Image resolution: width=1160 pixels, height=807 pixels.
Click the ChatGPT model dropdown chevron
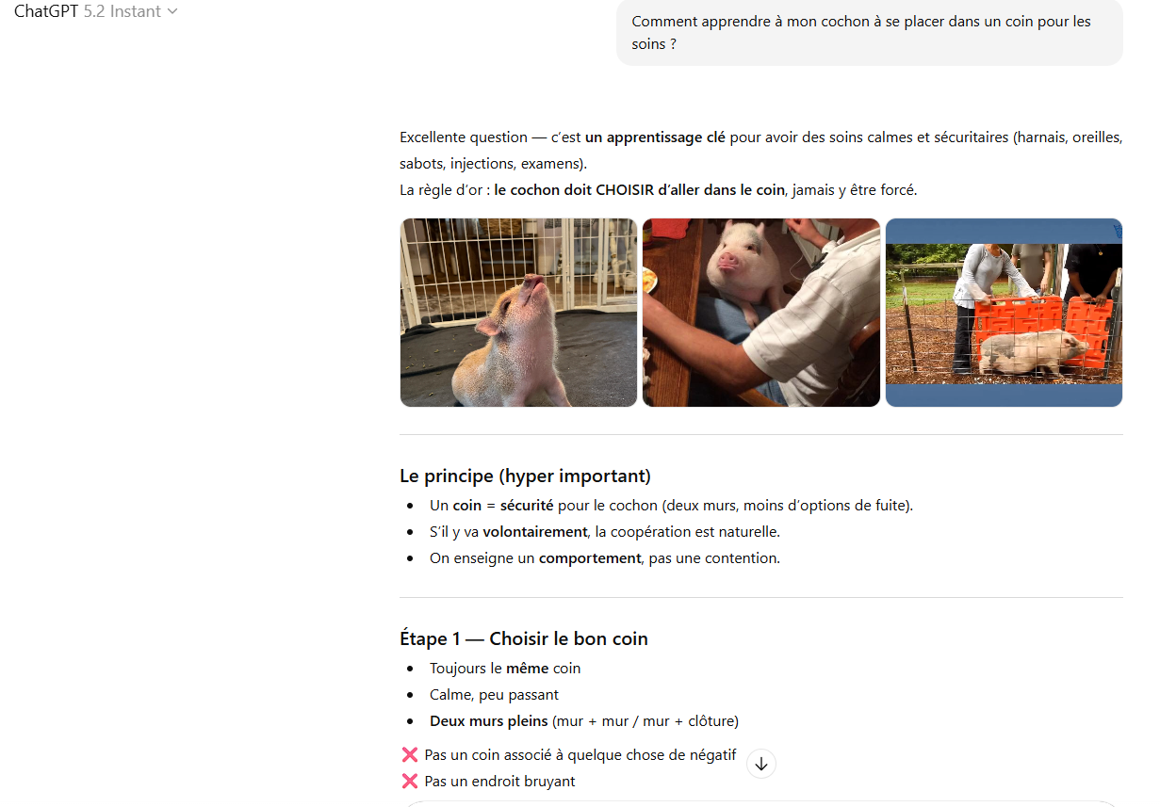[x=172, y=11]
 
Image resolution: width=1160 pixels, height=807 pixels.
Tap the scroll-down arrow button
[x=760, y=764]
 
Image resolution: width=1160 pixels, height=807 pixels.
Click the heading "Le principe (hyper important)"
[x=525, y=476]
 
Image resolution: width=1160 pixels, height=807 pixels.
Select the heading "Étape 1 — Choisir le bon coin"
[x=524, y=638]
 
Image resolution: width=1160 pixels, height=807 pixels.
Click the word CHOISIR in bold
[x=625, y=190]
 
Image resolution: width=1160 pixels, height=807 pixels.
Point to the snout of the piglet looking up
[x=532, y=282]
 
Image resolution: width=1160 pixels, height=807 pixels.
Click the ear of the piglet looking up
[x=488, y=326]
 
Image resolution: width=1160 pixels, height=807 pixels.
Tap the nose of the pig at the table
[x=728, y=259]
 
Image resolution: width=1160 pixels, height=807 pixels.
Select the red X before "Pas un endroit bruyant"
[x=410, y=782]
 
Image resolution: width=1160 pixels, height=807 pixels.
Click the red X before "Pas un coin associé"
[x=410, y=754]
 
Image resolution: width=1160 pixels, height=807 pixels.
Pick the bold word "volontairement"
[x=535, y=532]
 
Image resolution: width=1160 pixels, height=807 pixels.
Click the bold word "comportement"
[x=590, y=558]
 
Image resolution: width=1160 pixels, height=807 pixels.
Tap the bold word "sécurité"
[x=527, y=506]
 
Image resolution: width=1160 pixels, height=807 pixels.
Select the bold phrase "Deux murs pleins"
[x=488, y=721]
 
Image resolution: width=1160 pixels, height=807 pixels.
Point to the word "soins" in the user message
[x=648, y=44]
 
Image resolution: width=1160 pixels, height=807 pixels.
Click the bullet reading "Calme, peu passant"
[x=494, y=695]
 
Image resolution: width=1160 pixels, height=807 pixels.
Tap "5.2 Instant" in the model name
[x=123, y=11]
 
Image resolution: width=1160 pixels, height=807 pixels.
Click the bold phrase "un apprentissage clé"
[x=655, y=137]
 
